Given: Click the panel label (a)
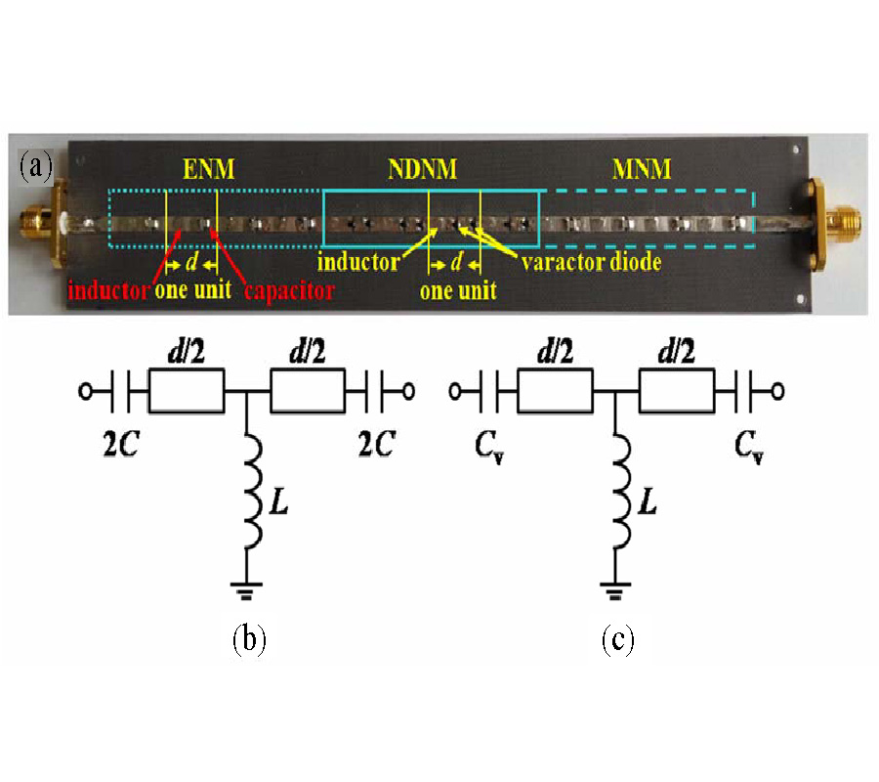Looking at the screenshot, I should coord(36,166).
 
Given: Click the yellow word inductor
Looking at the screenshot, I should coord(357,264).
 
